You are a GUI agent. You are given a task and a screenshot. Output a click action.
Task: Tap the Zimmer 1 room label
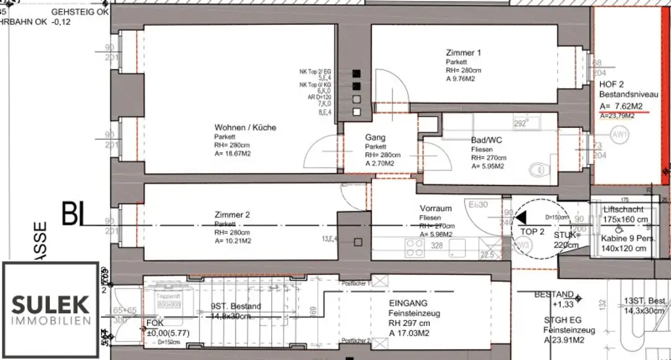463,52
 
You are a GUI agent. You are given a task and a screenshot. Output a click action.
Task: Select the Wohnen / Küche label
245,127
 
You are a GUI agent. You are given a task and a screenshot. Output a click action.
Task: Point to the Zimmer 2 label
232,214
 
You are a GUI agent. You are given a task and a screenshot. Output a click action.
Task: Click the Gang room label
375,138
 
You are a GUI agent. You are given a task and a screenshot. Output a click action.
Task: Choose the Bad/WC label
486,140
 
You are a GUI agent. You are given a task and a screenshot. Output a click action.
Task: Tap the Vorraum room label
436,209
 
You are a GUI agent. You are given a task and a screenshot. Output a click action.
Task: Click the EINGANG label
408,303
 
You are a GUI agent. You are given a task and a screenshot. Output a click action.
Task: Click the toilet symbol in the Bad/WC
539,170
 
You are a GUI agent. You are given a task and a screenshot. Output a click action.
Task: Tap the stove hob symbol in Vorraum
415,248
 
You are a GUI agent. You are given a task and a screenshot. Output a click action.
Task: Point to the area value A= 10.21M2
233,241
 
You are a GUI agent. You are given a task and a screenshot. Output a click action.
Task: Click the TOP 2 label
532,231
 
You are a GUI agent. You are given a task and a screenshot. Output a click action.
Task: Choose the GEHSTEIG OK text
80,12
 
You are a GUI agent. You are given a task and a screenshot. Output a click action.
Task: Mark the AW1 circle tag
619,136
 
